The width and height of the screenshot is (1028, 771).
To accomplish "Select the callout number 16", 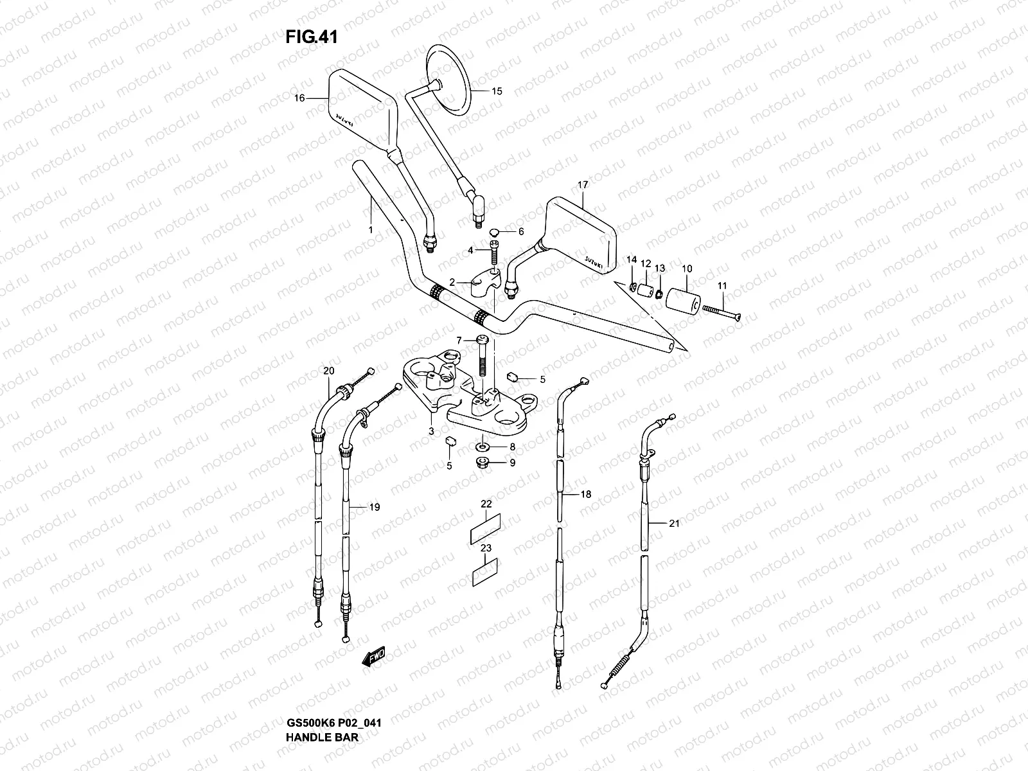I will click(299, 98).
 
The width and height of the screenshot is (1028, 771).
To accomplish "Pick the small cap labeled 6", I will click(495, 231).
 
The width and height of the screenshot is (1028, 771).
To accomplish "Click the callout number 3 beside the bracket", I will click(432, 431).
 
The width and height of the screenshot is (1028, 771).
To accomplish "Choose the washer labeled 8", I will click(483, 446).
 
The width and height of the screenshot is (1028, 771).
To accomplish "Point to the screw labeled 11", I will click(720, 312).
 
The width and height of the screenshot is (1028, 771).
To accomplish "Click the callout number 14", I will click(632, 260).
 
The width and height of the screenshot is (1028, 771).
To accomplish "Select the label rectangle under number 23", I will click(486, 572).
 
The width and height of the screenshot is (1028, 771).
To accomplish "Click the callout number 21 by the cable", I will click(673, 524).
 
